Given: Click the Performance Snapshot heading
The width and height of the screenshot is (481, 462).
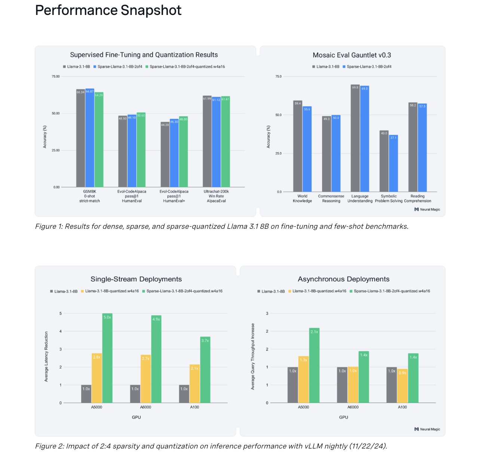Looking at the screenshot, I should coord(108,10).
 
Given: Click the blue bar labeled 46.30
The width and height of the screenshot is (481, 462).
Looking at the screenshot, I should coord(174,153).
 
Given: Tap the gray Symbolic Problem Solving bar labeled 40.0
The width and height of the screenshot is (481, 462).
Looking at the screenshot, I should coord(384,161).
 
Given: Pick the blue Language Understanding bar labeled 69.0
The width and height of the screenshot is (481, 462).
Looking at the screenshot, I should coord(364,139).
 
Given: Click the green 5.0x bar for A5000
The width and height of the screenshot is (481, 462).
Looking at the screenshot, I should coord(107,358).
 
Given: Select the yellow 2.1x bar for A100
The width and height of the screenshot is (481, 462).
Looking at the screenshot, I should coord(194,384).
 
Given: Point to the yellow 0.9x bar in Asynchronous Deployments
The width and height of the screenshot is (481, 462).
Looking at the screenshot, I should coord(402,386).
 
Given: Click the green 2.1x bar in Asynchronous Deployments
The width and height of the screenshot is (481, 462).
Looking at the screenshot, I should coord(314,365).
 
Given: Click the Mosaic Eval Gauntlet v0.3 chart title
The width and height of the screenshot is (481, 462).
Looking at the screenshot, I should coord(352,55).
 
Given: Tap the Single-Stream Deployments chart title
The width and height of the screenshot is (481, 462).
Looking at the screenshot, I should coord(136,279).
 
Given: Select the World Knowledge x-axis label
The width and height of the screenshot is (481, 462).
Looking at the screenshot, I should coord(302,198).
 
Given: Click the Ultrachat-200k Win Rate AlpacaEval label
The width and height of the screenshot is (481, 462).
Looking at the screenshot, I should coord(216,196).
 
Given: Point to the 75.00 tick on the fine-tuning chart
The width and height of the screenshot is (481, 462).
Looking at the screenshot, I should coord(55,77).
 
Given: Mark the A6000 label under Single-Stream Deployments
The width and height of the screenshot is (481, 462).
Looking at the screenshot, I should coord(145,407).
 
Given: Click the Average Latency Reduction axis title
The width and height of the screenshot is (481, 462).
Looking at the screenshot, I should coord(46,357).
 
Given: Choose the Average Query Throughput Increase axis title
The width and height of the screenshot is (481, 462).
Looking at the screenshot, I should coord(253,357).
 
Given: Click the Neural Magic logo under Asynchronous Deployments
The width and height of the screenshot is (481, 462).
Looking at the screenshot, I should coord(427,429).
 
